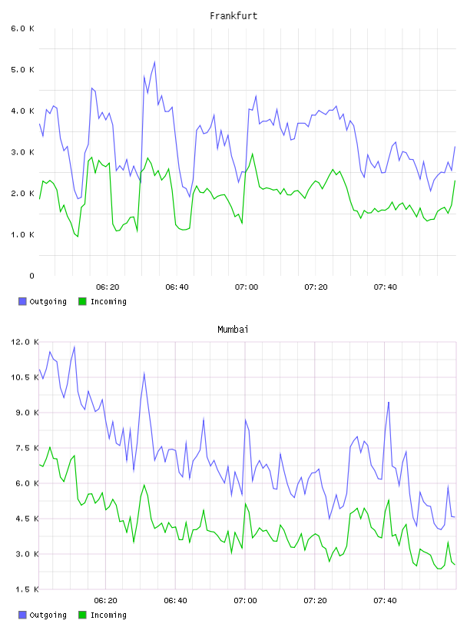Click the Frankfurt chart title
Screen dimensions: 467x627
(x=233, y=16)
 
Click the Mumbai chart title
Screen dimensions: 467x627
(x=233, y=330)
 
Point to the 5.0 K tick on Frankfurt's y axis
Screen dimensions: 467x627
(x=23, y=70)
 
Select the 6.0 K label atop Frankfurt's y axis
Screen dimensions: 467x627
(x=23, y=28)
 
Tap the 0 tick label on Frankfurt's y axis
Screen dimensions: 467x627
(x=31, y=276)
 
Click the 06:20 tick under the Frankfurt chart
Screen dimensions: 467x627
(x=108, y=287)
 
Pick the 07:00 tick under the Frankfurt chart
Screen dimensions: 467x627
(x=247, y=287)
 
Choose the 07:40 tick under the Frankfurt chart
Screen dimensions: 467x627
(x=386, y=287)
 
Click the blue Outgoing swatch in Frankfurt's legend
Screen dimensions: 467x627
(x=22, y=301)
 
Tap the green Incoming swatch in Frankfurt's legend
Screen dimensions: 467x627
(x=82, y=301)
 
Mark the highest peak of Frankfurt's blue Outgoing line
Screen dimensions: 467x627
(x=154, y=62)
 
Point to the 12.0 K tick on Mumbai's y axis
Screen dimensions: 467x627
(x=25, y=342)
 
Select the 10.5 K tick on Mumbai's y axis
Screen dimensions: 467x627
(x=25, y=377)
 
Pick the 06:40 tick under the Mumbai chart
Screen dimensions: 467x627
(x=176, y=601)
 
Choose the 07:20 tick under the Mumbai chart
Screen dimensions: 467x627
(x=315, y=601)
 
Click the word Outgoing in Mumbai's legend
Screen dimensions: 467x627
(x=48, y=615)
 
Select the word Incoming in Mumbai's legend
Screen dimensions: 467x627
(x=108, y=615)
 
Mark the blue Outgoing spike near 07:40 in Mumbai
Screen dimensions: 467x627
(x=388, y=403)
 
